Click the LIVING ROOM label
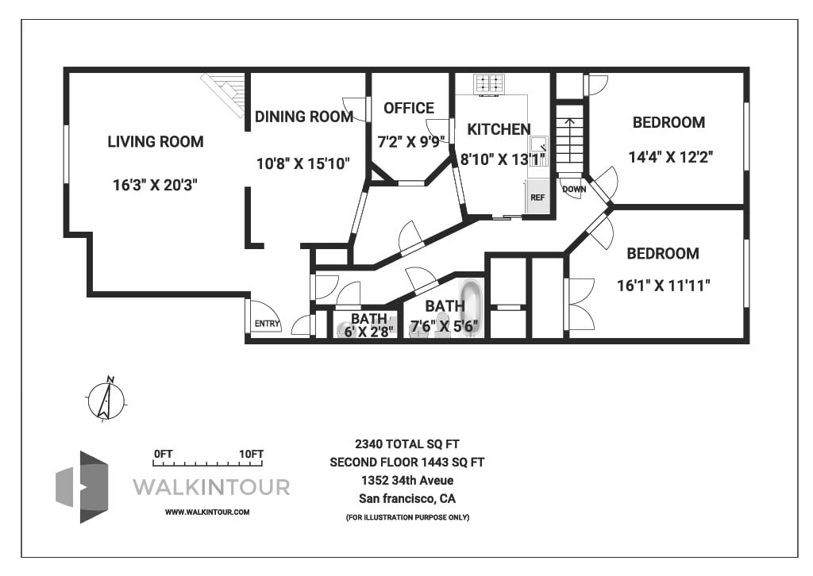[x=156, y=142]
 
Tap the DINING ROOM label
[x=303, y=117]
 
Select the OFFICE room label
[x=408, y=108]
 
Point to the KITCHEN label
[x=499, y=129]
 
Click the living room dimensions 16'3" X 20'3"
[x=155, y=185]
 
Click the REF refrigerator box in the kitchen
[x=538, y=197]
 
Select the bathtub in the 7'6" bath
[x=472, y=307]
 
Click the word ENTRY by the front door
[x=266, y=324]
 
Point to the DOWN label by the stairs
[x=573, y=190]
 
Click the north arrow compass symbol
[x=106, y=399]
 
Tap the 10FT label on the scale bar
[x=251, y=454]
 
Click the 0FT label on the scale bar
[x=163, y=454]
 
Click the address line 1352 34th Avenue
[x=406, y=481]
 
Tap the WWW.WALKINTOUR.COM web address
[x=207, y=513]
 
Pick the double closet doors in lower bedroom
[x=580, y=304]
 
